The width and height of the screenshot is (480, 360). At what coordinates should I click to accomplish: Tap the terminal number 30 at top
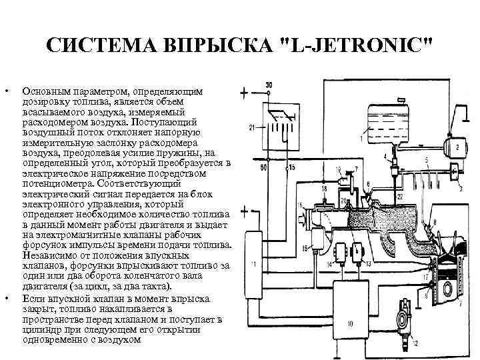(268, 84)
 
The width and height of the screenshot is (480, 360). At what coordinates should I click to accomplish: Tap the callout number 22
(400, 198)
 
